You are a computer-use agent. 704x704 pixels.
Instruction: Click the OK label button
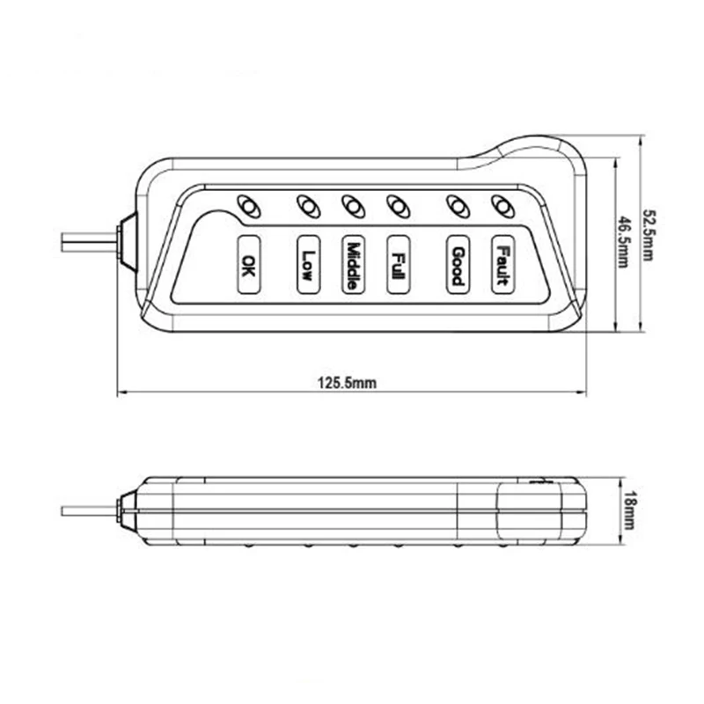point(248,265)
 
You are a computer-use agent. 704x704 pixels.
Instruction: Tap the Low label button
point(309,265)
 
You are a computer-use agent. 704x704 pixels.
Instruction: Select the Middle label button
point(353,265)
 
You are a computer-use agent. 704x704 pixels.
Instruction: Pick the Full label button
point(398,265)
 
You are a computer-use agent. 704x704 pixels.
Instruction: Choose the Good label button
point(458,265)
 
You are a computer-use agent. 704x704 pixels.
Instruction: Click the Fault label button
point(502,265)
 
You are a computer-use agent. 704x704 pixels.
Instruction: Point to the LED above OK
point(248,206)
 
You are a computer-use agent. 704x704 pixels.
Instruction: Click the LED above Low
point(309,206)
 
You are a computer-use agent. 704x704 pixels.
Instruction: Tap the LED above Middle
point(354,206)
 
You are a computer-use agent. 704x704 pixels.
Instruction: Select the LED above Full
point(399,206)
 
